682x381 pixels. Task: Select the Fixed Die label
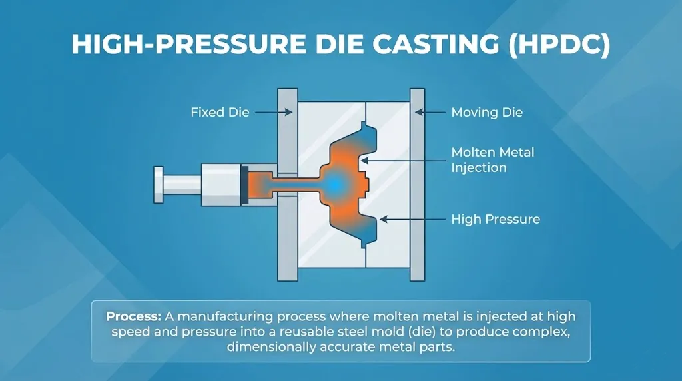tap(220, 112)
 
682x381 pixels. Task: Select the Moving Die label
tap(487, 112)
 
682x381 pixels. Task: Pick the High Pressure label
tap(496, 218)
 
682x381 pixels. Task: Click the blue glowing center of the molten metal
tap(336, 182)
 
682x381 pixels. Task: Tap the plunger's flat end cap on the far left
tap(158, 184)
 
